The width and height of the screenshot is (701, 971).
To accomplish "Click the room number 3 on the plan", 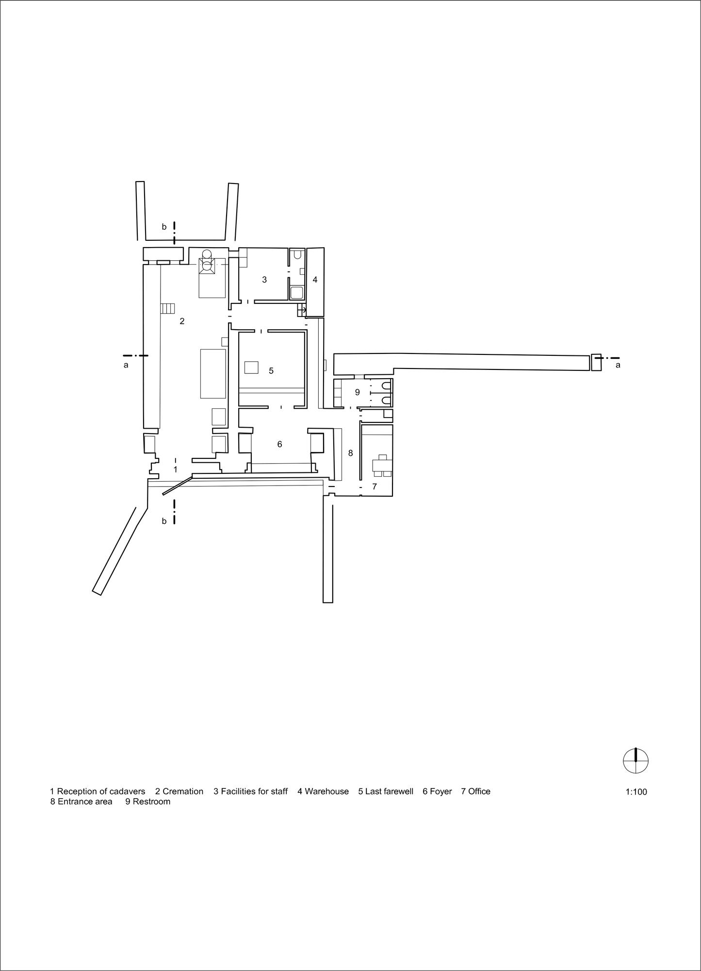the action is tap(264, 280).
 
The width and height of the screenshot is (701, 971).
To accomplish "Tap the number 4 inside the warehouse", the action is tap(315, 280).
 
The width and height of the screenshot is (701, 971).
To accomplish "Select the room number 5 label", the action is tap(271, 371).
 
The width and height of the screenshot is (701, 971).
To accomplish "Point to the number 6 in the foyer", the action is tap(279, 444).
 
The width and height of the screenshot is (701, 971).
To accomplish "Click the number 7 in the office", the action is tap(375, 486).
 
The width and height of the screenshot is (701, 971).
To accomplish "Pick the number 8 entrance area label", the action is tap(350, 453).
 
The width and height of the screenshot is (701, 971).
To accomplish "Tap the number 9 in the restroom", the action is tap(358, 392).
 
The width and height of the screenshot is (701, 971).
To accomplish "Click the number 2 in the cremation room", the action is tap(182, 321).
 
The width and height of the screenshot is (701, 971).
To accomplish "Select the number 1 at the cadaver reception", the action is tap(176, 469).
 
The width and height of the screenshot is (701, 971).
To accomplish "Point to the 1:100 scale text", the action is tap(636, 792).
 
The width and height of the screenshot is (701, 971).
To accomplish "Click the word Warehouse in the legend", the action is tap(326, 791).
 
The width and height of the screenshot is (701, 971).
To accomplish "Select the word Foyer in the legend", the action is tap(440, 791).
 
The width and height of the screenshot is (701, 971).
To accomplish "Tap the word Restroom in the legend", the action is tap(151, 802).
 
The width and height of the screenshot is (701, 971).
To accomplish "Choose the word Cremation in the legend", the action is tap(183, 791).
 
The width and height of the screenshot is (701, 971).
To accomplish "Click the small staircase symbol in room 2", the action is tap(167, 308).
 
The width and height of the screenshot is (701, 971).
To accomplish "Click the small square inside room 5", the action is tap(251, 368).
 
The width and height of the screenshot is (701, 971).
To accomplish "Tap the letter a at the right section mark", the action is tap(618, 365).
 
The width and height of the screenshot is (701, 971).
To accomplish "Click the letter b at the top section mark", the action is tap(164, 227).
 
